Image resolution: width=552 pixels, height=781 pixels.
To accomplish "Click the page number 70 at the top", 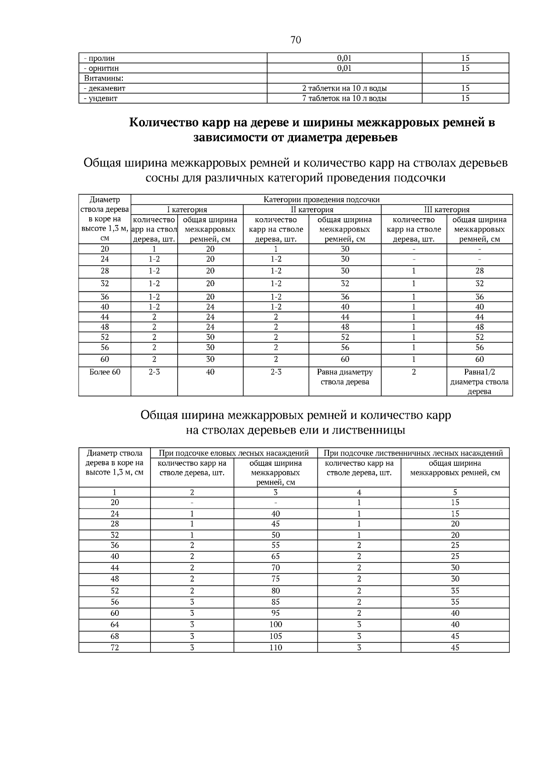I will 296,40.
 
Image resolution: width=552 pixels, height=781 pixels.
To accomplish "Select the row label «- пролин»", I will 99,58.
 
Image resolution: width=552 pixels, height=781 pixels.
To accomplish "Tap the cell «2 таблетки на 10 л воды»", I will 344,88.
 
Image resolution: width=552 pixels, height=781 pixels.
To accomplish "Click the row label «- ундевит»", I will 101,98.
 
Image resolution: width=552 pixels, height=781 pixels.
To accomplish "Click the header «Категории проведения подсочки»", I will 322,199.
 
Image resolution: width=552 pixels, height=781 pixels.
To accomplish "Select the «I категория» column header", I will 187,209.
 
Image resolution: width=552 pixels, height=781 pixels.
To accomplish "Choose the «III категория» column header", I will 446,209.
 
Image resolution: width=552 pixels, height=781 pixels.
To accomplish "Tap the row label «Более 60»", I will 105,372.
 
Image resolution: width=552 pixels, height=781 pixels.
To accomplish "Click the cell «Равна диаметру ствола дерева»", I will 345,377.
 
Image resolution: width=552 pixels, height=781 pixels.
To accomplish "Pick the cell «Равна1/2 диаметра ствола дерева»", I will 479,382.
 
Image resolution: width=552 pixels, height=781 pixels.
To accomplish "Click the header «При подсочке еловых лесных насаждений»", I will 234,453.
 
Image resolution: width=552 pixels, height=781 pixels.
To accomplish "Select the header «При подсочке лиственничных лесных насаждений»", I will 413,453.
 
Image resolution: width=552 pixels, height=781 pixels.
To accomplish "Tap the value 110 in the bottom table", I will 276,648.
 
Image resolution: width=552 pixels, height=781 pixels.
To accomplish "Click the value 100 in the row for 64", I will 276,625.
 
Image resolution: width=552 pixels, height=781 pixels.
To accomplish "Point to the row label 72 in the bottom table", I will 115,648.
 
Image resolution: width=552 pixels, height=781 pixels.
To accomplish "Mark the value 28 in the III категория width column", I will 479,271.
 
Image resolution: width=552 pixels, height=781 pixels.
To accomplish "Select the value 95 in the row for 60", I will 276,613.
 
